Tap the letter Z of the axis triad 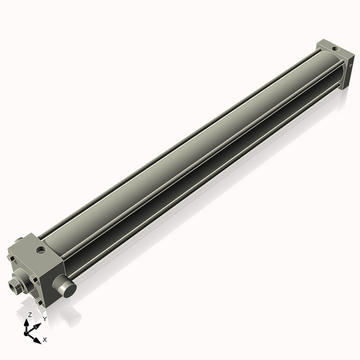(x=30, y=315)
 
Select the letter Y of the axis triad (x=44, y=318)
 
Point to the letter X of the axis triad (x=45, y=338)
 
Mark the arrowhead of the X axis (x=39, y=336)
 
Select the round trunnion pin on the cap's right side (x=67, y=289)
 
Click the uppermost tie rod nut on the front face (x=20, y=258)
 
